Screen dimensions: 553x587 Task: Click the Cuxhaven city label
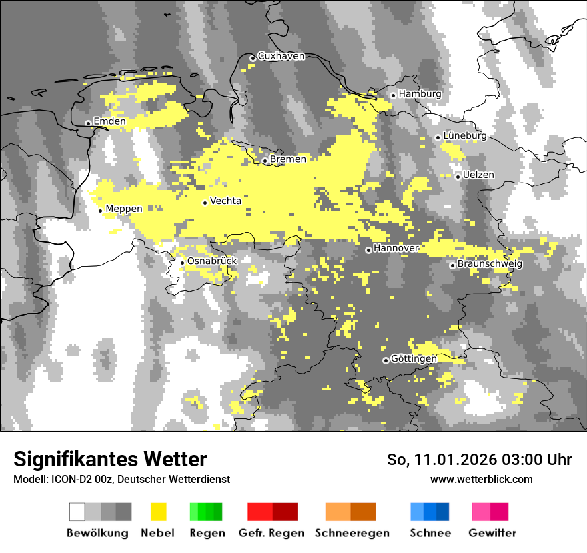point(281,56)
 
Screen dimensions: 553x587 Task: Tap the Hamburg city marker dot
point(394,95)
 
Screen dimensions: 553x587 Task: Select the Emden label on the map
point(109,121)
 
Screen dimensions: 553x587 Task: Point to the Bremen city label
point(288,159)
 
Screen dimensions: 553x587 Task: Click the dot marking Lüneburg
point(438,137)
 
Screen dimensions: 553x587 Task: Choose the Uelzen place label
point(478,175)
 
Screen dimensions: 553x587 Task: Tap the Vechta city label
point(225,201)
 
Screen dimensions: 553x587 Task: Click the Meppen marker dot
point(101,211)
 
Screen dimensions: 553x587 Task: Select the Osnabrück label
point(212,261)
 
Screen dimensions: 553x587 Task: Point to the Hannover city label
point(396,248)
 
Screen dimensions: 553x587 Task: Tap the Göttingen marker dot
point(386,360)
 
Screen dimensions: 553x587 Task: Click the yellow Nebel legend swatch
point(158,512)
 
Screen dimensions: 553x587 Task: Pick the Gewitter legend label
point(492,533)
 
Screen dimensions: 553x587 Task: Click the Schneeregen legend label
point(352,533)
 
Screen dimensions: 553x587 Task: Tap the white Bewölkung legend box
point(77,512)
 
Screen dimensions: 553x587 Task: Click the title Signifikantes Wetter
point(110,460)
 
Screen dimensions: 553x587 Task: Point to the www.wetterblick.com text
point(482,479)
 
